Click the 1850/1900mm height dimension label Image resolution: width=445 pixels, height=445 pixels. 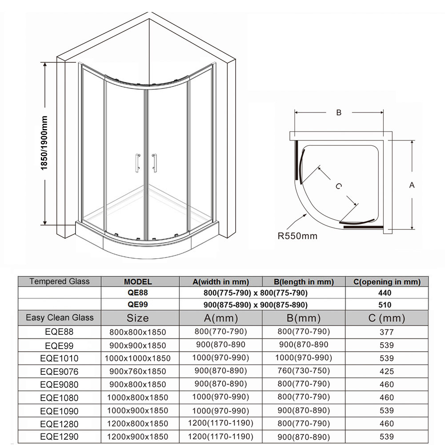44,142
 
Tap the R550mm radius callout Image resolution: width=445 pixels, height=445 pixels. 297,236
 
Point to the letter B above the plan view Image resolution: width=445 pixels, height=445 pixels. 339,113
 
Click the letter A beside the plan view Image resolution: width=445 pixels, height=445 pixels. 412,185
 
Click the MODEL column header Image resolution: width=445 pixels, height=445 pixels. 138,281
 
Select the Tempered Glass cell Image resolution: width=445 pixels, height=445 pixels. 60,281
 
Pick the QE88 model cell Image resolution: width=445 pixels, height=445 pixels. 138,293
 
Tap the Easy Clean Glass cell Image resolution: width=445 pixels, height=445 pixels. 60,317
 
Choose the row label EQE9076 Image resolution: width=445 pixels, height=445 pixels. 59,371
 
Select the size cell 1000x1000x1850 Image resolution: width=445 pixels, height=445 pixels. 137,358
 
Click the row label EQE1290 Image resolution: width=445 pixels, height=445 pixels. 59,437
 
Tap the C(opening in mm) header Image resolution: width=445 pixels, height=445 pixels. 386,281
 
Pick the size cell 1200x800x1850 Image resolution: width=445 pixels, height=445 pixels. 137,424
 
